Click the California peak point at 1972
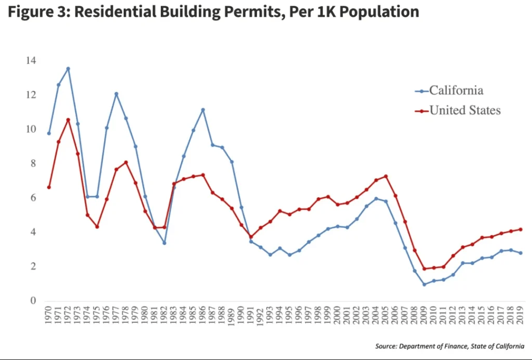pyautogui.click(x=68, y=68)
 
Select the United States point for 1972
pyautogui.click(x=68, y=120)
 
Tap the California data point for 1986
pyautogui.click(x=203, y=110)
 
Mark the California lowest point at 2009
pyautogui.click(x=424, y=284)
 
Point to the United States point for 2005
pyautogui.click(x=386, y=176)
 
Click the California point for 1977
pyautogui.click(x=116, y=94)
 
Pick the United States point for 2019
pyautogui.click(x=521, y=230)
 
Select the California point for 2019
pyautogui.click(x=521, y=253)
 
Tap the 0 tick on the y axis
pyautogui.click(x=33, y=301)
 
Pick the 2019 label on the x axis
pyautogui.click(x=521, y=317)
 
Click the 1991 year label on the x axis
pyautogui.click(x=251, y=317)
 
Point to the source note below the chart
pyautogui.click(x=450, y=346)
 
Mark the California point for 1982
pyautogui.click(x=164, y=243)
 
